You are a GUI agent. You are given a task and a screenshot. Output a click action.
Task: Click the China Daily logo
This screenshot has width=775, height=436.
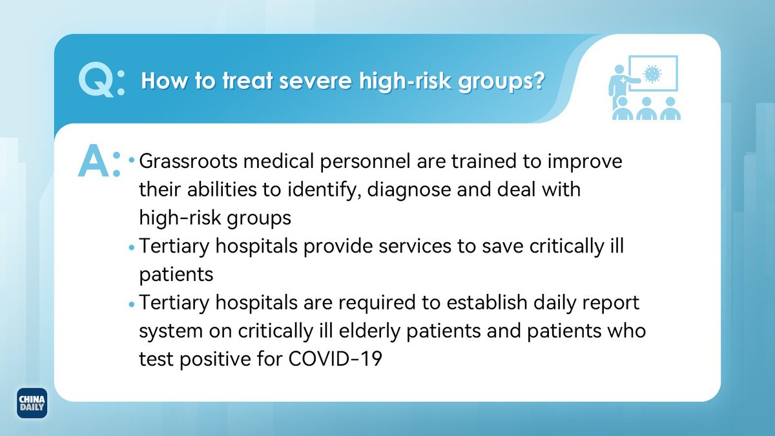(32, 403)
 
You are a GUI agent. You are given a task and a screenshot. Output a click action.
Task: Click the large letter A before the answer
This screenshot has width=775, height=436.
(94, 161)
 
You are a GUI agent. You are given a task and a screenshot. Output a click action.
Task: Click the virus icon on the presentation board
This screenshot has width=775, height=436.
(652, 74)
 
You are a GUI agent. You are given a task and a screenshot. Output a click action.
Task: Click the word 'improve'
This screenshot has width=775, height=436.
(584, 162)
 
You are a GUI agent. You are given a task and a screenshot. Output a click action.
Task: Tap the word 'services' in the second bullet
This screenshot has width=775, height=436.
(415, 246)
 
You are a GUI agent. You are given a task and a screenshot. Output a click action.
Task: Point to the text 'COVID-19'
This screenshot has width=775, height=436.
(335, 359)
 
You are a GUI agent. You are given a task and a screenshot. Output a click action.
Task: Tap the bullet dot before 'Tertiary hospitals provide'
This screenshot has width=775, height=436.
(131, 247)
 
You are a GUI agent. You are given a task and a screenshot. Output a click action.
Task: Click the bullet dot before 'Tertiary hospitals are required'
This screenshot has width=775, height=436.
(131, 304)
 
